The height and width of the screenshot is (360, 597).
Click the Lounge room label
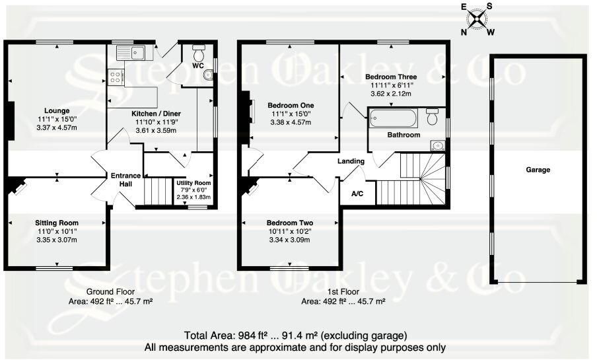(57, 110)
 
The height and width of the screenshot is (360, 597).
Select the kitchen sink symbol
(131, 52)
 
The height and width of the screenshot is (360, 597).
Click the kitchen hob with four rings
(116, 77)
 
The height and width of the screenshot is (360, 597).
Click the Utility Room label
(193, 182)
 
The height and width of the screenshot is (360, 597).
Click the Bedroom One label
(291, 105)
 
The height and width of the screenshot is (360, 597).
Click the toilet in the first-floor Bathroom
(433, 116)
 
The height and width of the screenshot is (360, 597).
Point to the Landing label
(351, 161)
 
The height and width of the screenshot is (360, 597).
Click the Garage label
(538, 170)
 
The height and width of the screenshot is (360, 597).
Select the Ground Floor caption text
(111, 291)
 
